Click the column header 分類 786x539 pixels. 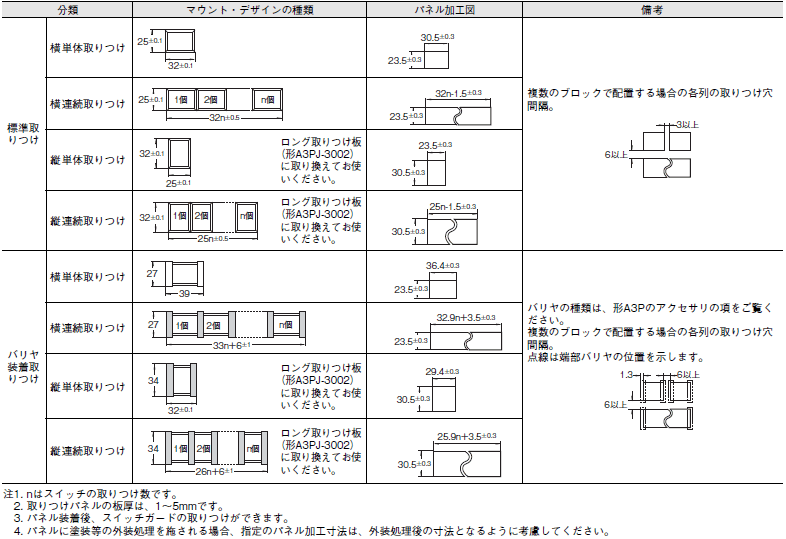pos(68,10)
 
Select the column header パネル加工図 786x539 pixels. pos(444,10)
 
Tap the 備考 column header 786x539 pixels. pos(652,10)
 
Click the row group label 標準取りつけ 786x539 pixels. pos(23,133)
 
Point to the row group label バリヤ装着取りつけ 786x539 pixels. pos(23,367)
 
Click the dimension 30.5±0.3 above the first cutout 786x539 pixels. pos(437,37)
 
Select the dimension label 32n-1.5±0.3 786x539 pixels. pos(458,93)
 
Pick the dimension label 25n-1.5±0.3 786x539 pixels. pos(453,207)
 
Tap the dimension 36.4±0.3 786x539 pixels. pos(443,265)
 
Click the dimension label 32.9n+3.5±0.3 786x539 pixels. pos(466,317)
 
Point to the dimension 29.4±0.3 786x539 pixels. pos(442,372)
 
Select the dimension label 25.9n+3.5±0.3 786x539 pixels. pos(466,436)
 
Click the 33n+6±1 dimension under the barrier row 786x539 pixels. pos(232,345)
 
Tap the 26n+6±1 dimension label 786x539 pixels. pos(214,471)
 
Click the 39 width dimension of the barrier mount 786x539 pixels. pos(184,293)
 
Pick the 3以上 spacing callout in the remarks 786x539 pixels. pos(687,124)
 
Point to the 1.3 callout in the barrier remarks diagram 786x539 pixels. pos(626,375)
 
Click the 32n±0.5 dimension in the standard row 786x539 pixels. pos(224,118)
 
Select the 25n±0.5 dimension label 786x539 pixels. pos(213,239)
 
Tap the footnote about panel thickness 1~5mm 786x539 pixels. pos(119,506)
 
